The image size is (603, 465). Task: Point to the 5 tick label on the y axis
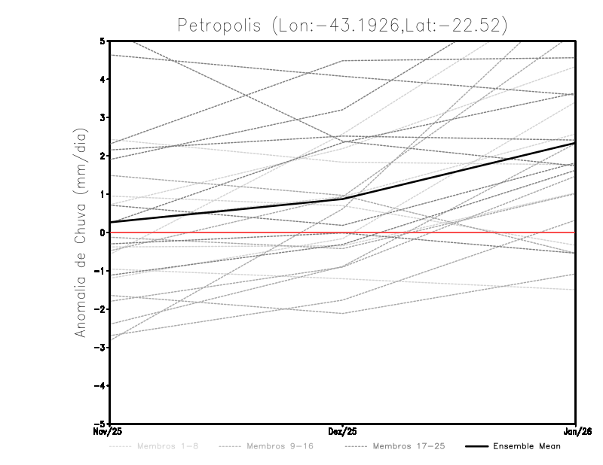103,41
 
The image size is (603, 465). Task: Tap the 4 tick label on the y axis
103,79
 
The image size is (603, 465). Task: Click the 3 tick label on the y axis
103,117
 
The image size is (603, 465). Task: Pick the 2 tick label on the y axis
103,156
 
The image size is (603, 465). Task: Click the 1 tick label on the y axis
103,194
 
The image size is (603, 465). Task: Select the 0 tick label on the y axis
103,232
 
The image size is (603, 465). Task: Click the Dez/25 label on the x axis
343,431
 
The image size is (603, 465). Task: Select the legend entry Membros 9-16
280,446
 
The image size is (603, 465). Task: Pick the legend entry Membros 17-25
409,446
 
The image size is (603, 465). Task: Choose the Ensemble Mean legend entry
526,446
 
